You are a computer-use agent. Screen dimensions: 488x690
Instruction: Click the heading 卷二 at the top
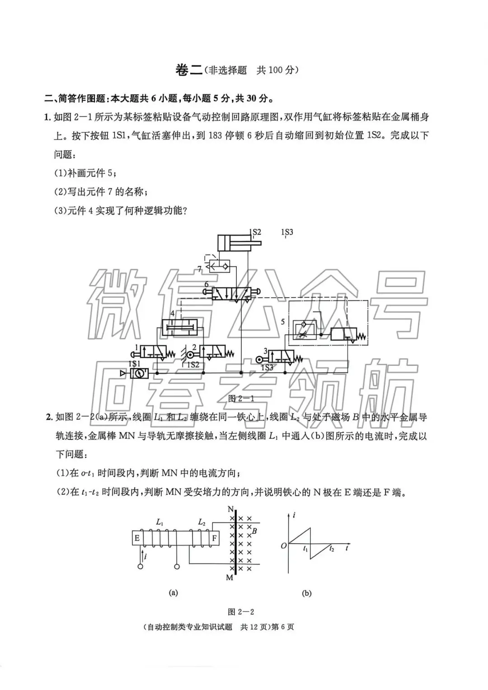[x=188, y=70]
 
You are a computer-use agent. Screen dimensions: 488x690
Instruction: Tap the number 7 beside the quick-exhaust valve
[x=200, y=269]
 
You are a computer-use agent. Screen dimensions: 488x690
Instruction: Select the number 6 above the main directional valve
[x=206, y=284]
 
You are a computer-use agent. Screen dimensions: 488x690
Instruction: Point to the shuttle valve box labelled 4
[x=180, y=326]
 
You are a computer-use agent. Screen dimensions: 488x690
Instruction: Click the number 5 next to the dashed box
[x=283, y=322]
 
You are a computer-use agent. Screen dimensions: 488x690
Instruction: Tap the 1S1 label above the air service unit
[x=134, y=364]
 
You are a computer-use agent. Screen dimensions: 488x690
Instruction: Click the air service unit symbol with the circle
[x=139, y=373]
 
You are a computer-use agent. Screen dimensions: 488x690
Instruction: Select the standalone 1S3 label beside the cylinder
[x=287, y=232]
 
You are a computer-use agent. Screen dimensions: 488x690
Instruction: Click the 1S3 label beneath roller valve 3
[x=267, y=368]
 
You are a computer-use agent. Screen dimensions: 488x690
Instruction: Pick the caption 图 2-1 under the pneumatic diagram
[x=241, y=398]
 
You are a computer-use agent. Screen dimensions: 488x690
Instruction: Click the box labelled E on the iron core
[x=137, y=538]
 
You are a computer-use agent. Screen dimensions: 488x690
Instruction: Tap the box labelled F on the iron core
[x=214, y=538]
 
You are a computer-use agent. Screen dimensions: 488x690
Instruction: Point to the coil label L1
[x=160, y=522]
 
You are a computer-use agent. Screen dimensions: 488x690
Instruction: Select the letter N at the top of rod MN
[x=230, y=510]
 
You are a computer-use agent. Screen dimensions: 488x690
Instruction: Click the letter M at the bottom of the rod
[x=230, y=578]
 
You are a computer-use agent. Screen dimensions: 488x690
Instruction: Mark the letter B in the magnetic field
[x=254, y=531]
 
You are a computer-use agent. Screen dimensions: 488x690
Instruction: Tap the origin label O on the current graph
[x=284, y=545]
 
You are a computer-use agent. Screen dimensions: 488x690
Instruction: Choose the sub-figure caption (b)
[x=306, y=593]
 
